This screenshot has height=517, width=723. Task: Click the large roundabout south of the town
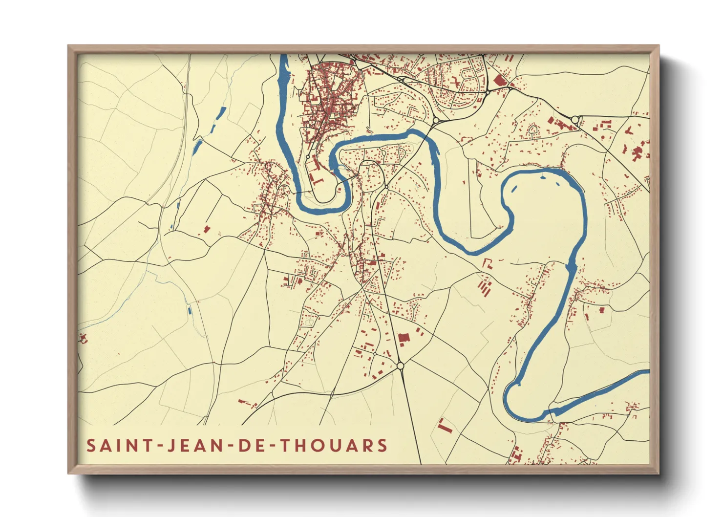point(401,366)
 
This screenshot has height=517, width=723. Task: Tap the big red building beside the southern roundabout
point(404,338)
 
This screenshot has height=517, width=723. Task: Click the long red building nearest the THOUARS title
point(444,426)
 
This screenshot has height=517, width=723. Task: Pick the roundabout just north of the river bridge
point(436,120)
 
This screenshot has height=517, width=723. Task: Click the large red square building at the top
point(499,81)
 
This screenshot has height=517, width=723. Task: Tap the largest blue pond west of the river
point(198,146)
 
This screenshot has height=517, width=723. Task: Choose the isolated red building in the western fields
point(207,229)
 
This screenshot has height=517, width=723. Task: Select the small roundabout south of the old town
point(308,157)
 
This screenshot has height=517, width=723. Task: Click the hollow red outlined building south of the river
point(488,264)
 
